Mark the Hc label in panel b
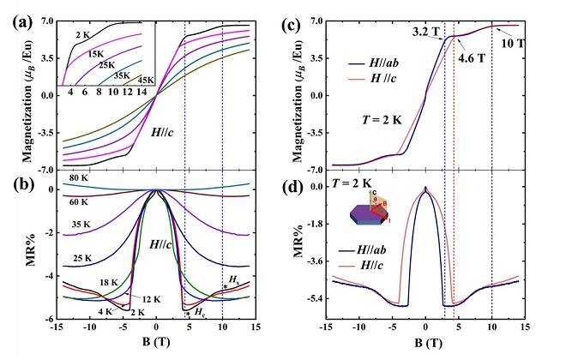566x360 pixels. click(201, 314)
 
